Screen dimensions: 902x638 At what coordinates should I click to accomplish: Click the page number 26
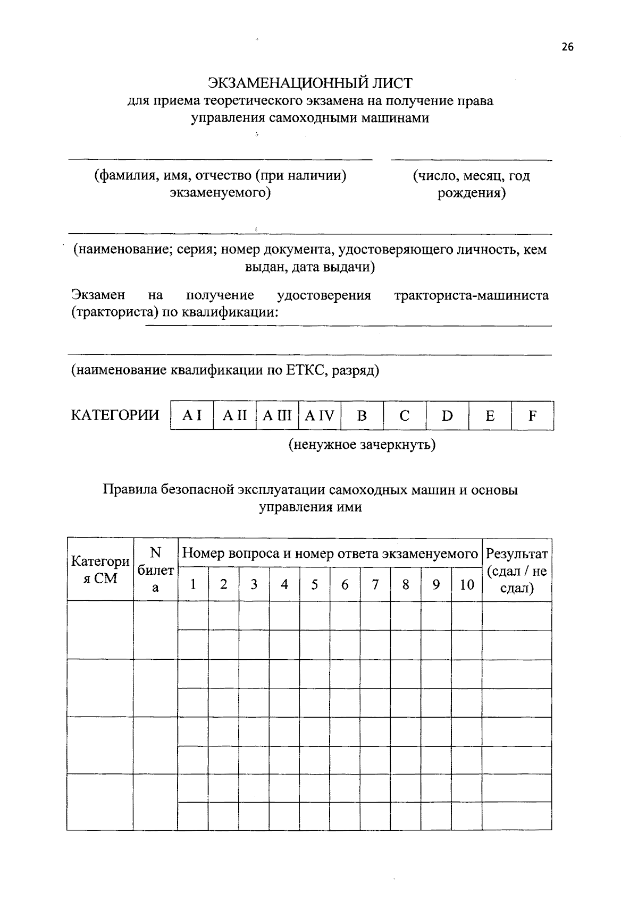click(x=567, y=47)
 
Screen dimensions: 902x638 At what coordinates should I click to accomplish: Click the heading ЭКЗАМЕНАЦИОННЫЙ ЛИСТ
click(x=310, y=83)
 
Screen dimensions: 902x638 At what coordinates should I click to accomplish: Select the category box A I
click(x=192, y=416)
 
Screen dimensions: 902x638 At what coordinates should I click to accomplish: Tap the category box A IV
click(x=320, y=416)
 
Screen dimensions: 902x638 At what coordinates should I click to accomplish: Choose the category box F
click(x=532, y=416)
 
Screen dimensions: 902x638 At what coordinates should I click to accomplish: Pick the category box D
click(x=447, y=416)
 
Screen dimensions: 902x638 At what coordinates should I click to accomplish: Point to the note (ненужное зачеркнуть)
click(x=362, y=444)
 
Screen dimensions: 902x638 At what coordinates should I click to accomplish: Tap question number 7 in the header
click(x=375, y=585)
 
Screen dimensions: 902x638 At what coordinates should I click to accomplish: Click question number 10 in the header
click(x=467, y=585)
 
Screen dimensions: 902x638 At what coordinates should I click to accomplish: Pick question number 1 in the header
click(x=194, y=585)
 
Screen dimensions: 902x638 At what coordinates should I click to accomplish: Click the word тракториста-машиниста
click(x=472, y=295)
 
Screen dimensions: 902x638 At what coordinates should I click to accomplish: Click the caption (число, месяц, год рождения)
click(x=472, y=184)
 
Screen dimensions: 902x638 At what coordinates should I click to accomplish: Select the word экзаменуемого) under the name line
click(x=220, y=192)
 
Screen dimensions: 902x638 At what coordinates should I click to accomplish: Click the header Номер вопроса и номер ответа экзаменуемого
click(x=330, y=554)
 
